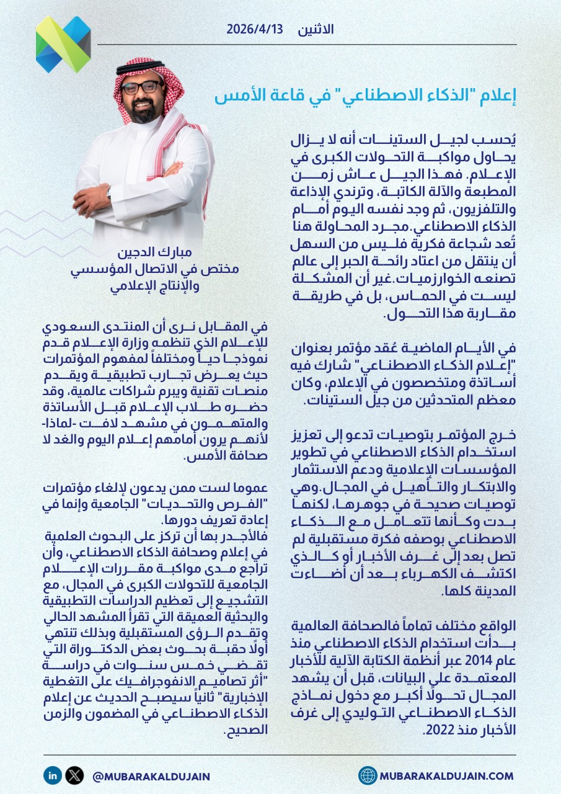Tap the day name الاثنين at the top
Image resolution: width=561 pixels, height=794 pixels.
(316, 30)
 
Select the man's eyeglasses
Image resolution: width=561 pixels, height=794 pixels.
(141, 87)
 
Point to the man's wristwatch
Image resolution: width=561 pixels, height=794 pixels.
(109, 194)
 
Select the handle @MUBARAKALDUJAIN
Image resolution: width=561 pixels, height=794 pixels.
(150, 776)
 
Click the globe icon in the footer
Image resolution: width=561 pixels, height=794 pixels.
(368, 775)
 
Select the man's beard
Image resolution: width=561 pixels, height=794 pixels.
(143, 112)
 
